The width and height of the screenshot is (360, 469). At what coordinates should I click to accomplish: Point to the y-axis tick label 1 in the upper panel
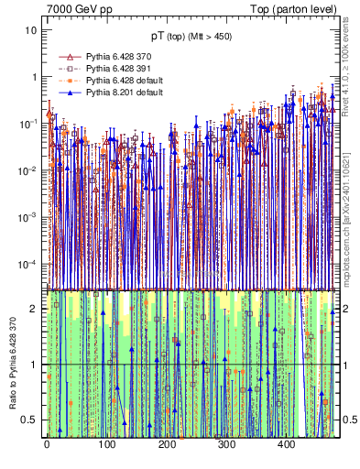34,77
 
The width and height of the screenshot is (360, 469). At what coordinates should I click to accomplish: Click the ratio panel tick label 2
34,309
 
